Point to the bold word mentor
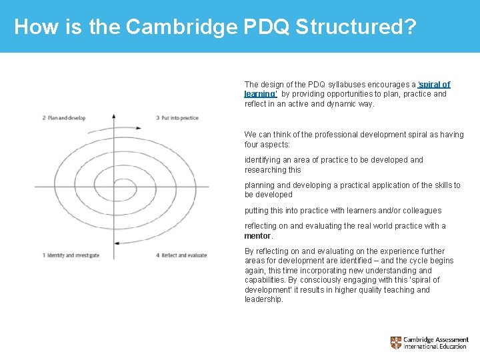[257, 236]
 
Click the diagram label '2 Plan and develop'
[64, 118]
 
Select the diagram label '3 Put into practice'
[177, 118]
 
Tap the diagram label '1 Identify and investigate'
[71, 255]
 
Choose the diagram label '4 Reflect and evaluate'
[181, 255]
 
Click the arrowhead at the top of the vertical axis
[114, 116]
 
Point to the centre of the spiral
[115, 186]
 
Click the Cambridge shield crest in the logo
[396, 343]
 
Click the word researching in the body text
[265, 170]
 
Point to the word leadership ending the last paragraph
[263, 299]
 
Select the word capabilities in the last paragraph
[265, 280]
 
